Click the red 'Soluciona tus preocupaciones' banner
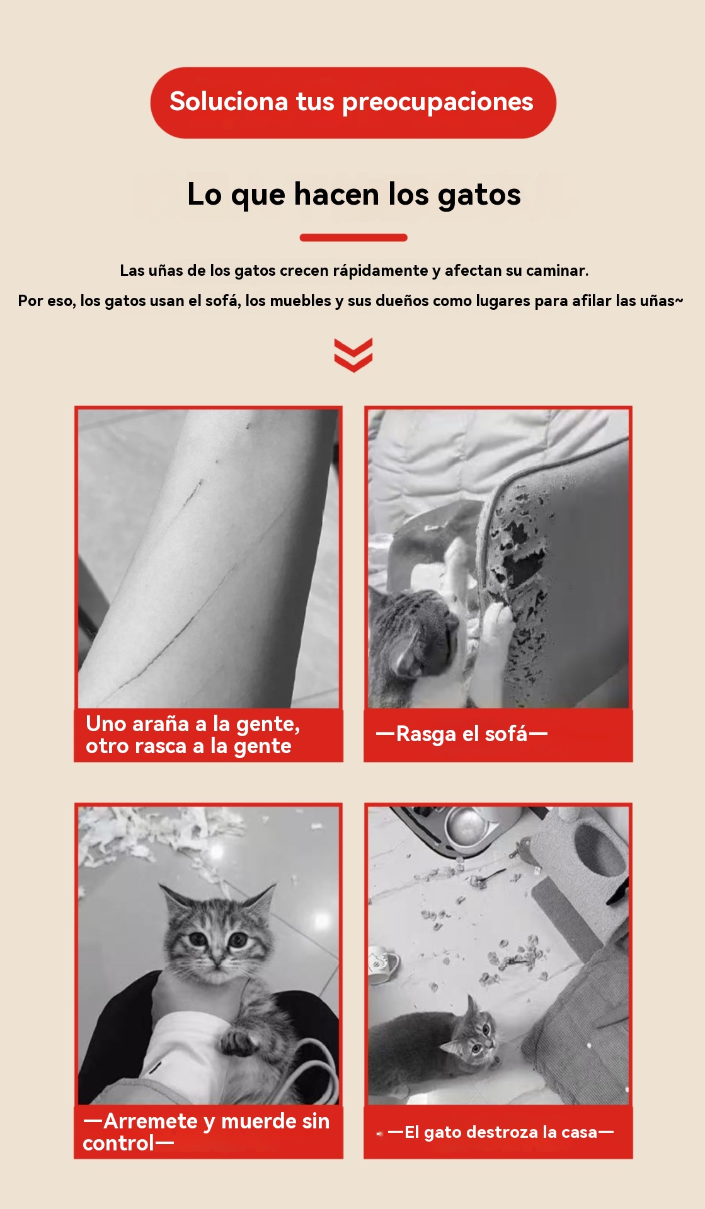coord(353,103)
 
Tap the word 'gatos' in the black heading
coord(479,195)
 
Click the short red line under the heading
coord(353,237)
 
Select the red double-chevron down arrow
coord(353,355)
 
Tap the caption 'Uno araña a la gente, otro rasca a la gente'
coord(193,735)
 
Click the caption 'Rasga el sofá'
coord(462,734)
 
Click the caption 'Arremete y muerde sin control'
coord(206,1132)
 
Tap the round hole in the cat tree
coord(599,850)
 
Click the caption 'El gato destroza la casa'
coord(501,1132)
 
